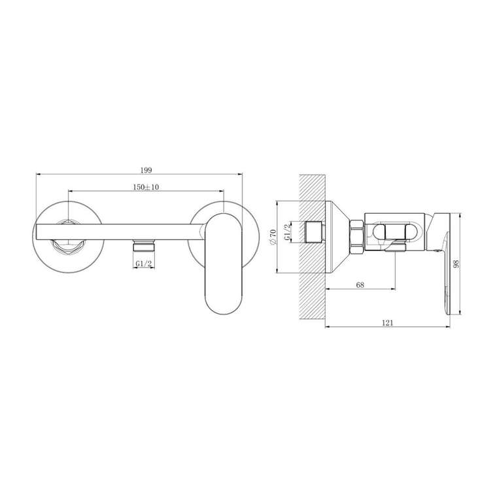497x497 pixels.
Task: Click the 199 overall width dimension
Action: [x=146, y=170]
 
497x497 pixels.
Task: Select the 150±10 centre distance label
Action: [x=146, y=187]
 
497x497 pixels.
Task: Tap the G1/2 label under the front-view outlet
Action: [x=144, y=264]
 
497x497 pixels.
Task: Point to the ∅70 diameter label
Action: [x=274, y=237]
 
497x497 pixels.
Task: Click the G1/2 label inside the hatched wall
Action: [x=287, y=232]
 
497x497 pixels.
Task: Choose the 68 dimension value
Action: [x=360, y=284]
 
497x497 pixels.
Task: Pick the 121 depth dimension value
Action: [x=387, y=322]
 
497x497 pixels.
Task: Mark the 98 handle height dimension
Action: [x=456, y=264]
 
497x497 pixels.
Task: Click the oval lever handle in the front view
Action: [x=224, y=264]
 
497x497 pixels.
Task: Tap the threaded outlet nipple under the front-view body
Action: [x=144, y=246]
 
